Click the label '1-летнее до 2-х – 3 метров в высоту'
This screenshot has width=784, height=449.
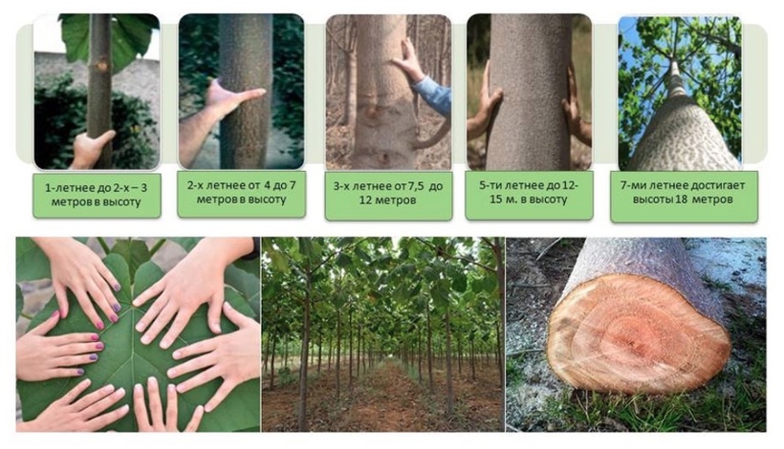pos(97,195)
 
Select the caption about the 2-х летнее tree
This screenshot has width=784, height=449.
pos(242,192)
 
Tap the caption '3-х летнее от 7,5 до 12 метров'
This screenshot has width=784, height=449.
pos(388,193)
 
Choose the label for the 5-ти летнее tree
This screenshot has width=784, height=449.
pos(529,192)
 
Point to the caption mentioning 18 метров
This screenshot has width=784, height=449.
pos(683,192)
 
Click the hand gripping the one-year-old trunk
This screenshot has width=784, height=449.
pos(92,149)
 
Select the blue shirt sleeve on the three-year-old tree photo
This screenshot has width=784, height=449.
pos(433,95)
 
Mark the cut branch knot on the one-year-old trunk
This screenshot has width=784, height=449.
pos(103,65)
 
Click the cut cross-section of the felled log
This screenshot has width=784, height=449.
pos(638,332)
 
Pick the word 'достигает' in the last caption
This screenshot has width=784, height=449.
pos(718,185)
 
